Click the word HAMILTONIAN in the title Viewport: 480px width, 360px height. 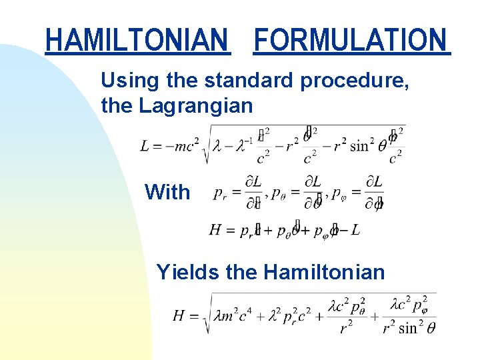point(137,40)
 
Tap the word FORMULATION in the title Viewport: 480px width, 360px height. point(351,40)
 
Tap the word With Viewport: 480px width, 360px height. point(167,193)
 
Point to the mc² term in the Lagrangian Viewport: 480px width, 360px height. point(184,145)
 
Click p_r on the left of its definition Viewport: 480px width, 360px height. point(219,193)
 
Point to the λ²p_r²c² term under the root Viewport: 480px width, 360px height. point(289,316)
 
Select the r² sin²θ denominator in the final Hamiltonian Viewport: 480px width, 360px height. point(409,327)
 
